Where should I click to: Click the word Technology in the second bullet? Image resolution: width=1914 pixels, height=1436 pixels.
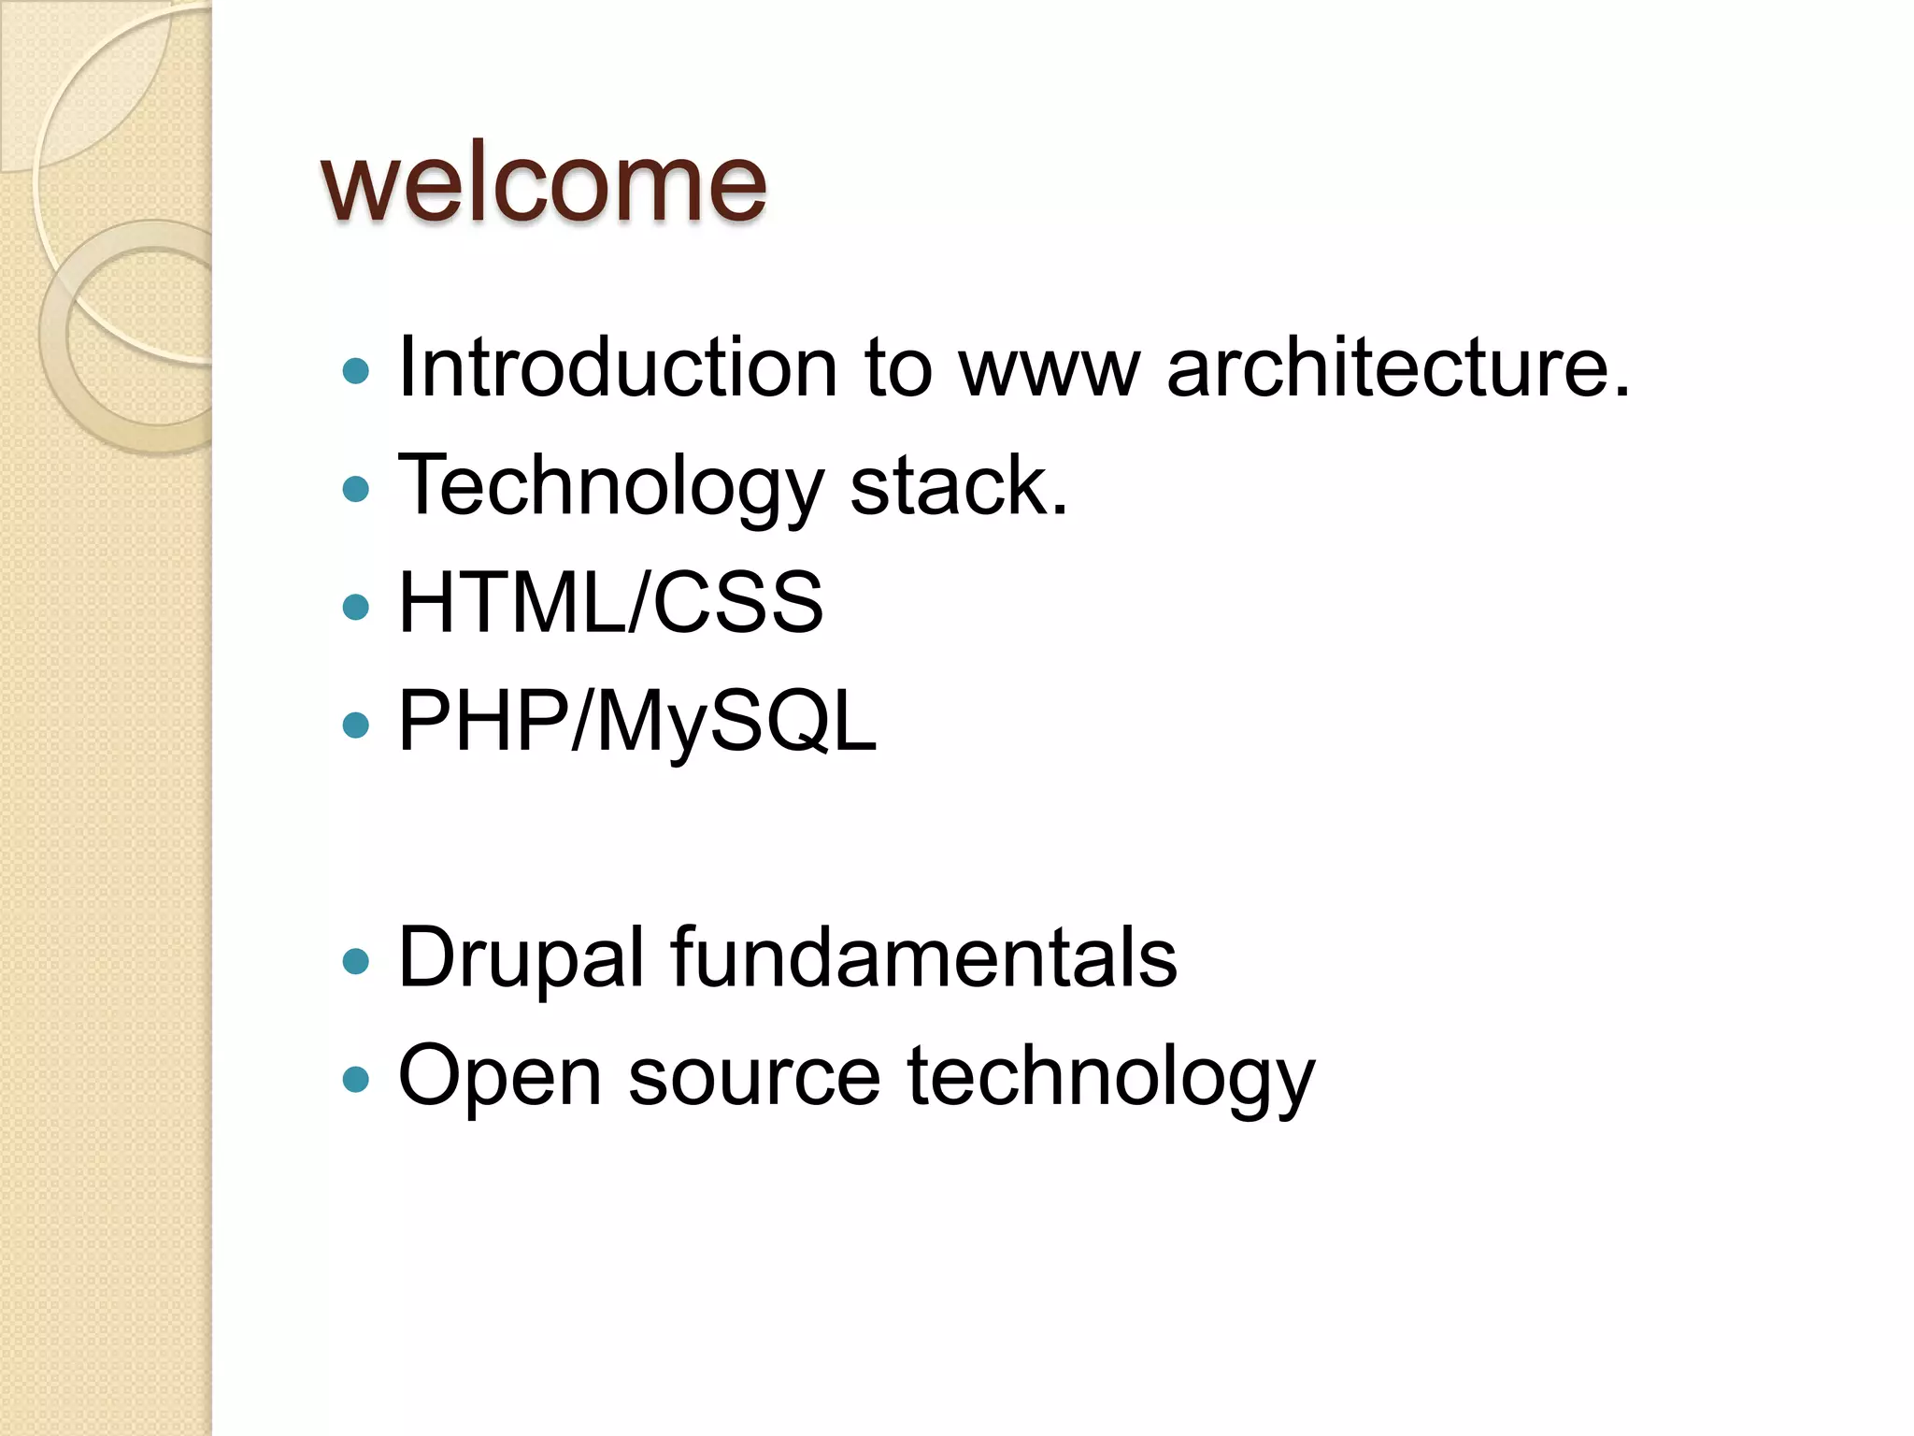point(610,487)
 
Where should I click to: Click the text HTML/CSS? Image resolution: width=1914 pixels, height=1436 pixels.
point(610,603)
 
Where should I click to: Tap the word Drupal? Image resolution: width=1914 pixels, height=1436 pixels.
point(521,957)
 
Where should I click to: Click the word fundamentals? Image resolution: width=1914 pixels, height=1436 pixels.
point(923,957)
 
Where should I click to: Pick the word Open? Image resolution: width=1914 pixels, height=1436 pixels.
point(499,1077)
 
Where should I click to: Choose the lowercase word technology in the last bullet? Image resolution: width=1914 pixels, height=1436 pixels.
point(1110,1077)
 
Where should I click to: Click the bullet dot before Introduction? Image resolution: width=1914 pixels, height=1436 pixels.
point(356,372)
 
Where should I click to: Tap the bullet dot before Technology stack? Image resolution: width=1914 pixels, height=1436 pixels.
point(356,489)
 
